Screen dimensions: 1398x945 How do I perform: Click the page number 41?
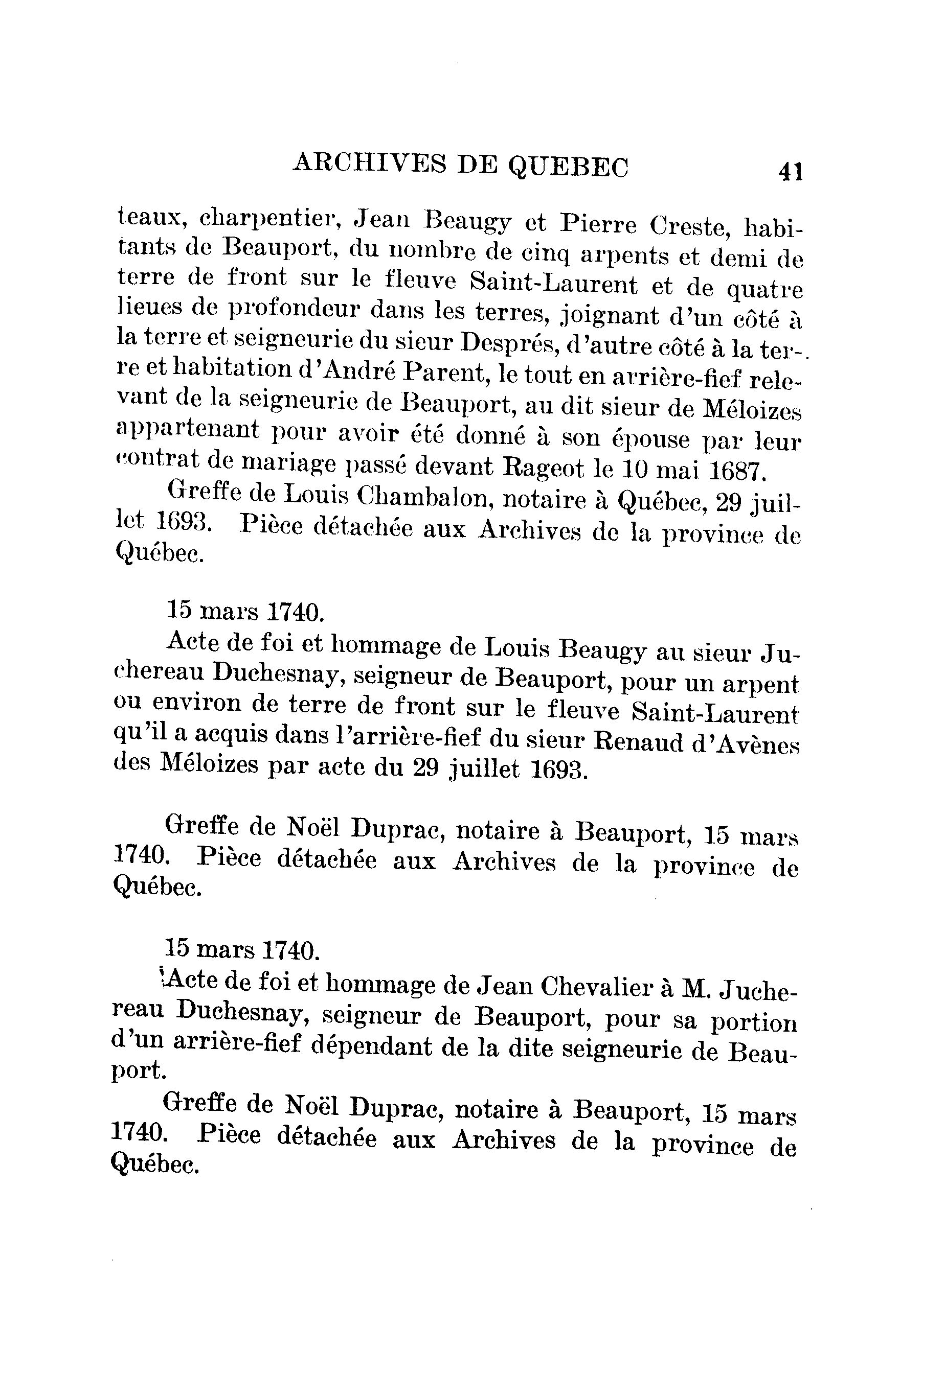(790, 172)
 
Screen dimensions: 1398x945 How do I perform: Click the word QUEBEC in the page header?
(568, 166)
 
